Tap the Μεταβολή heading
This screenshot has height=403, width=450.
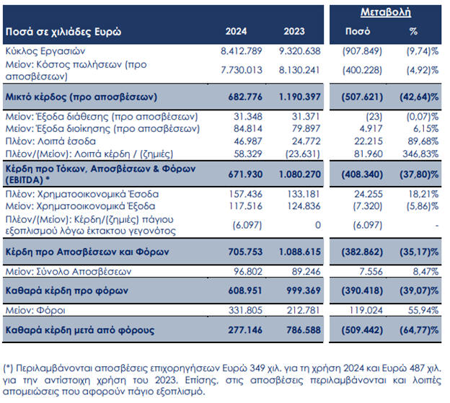[x=387, y=12]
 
